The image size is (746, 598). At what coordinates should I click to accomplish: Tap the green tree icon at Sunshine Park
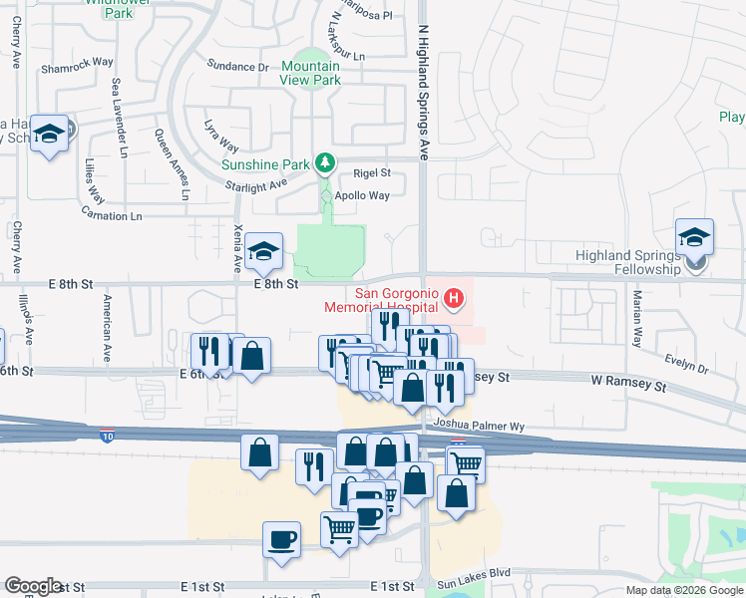pyautogui.click(x=324, y=161)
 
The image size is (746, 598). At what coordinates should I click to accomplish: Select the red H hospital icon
pyautogui.click(x=455, y=297)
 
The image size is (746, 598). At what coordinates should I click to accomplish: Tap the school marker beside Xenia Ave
pyautogui.click(x=264, y=253)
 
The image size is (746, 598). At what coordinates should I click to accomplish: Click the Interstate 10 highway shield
pyautogui.click(x=107, y=436)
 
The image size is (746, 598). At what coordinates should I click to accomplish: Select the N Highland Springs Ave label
pyautogui.click(x=423, y=80)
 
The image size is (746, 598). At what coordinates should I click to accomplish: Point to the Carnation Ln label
pyautogui.click(x=112, y=215)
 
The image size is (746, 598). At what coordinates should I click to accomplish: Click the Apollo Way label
pyautogui.click(x=363, y=195)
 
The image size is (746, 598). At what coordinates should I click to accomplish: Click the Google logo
pyautogui.click(x=33, y=586)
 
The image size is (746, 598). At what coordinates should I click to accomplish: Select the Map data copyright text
pyautogui.click(x=683, y=590)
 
